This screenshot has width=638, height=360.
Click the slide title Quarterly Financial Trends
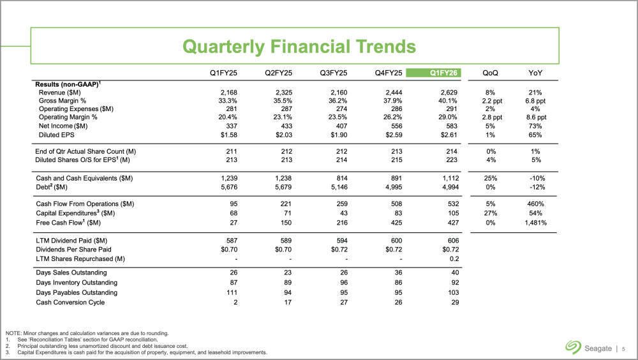[299, 46]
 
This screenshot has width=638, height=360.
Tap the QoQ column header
[494, 72]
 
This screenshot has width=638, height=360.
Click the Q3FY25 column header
[333, 72]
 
